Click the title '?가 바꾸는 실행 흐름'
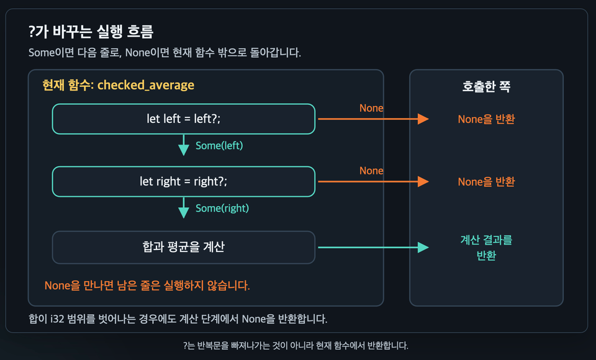[91, 32]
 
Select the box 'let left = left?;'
[184, 119]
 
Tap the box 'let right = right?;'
[184, 182]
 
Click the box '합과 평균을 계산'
[184, 247]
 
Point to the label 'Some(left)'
[219, 146]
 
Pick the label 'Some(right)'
[222, 209]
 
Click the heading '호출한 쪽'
[486, 87]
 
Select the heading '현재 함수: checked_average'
[118, 85]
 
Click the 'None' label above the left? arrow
[371, 109]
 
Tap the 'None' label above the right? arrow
[371, 171]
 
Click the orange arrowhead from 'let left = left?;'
[423, 119]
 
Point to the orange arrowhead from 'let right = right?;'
[423, 182]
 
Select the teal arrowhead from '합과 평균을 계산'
[423, 248]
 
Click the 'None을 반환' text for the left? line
[486, 119]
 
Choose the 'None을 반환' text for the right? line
[486, 182]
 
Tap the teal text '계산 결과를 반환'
[486, 248]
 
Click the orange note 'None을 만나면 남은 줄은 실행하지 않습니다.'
[147, 286]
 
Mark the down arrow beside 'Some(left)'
[184, 145]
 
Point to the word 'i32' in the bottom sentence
[57, 319]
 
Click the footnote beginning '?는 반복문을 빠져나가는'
[296, 346]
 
